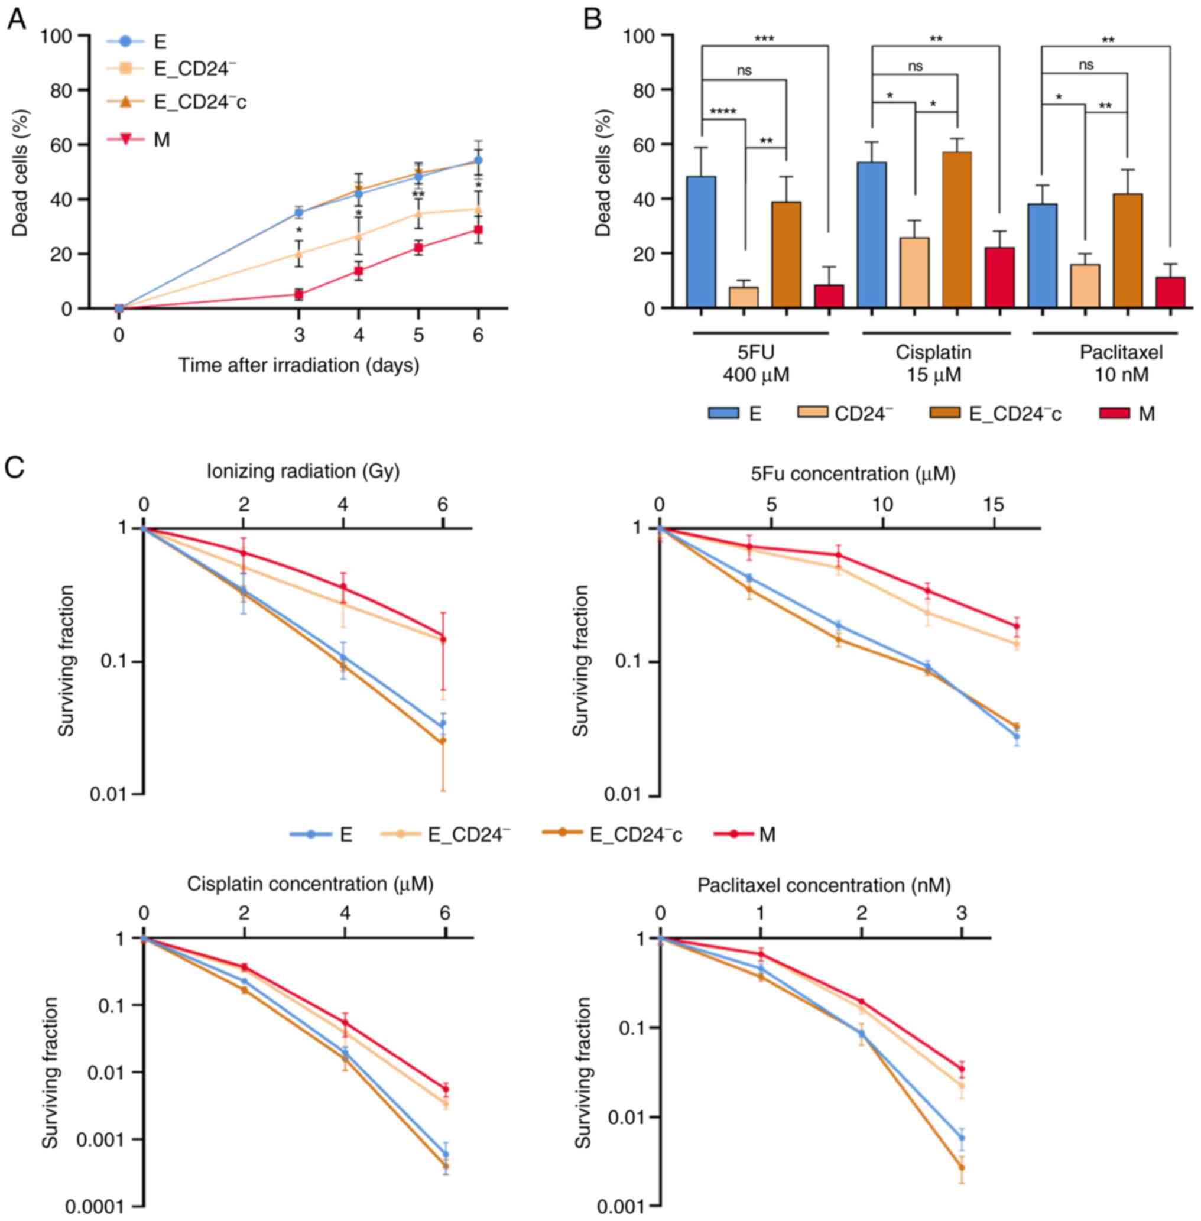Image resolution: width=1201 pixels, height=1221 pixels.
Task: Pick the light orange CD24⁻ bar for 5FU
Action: coord(743,297)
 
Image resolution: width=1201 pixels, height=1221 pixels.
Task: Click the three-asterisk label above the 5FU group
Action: coord(764,39)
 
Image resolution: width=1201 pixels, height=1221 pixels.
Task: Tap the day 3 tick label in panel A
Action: coord(299,335)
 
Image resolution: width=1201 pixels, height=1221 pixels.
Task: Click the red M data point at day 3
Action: coord(299,294)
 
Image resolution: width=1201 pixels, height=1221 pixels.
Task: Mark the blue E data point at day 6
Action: coord(478,160)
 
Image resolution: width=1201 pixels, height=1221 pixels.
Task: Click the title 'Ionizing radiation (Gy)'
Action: coord(303,471)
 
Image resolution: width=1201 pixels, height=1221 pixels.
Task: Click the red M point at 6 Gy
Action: coord(443,639)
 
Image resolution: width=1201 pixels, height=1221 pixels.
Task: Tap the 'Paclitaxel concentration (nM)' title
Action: coord(823,885)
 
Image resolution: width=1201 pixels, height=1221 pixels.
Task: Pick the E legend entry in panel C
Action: coord(322,834)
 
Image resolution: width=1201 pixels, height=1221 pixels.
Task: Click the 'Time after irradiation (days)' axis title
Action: coord(298,365)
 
